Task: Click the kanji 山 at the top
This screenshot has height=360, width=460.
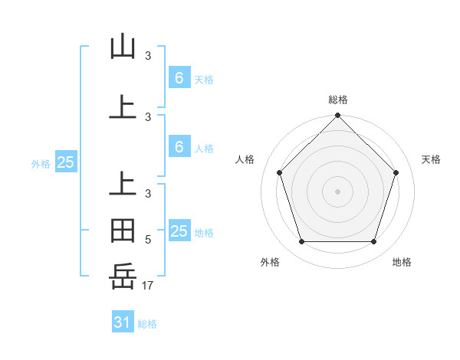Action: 123,47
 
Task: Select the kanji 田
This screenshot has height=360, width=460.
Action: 123,230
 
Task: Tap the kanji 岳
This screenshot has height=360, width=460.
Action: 123,275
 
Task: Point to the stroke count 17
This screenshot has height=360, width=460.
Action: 149,286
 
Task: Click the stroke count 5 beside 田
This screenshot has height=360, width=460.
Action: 148,240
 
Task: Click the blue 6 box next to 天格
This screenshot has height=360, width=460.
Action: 179,78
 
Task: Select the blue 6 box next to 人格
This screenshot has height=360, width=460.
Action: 179,147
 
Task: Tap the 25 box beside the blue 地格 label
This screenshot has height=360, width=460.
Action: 179,231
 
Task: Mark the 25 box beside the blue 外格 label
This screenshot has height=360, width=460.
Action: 66,162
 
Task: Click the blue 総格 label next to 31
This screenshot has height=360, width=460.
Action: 147,324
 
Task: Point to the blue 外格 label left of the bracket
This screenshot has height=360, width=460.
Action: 41,163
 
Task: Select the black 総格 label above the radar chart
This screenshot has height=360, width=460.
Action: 337,100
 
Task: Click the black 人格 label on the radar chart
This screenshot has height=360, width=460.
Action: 245,159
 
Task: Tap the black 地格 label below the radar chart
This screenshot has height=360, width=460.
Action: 402,262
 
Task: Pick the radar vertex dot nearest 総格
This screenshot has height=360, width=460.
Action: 337,116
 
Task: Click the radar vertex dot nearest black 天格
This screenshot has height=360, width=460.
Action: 396,172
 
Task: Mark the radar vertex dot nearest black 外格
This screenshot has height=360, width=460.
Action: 301,242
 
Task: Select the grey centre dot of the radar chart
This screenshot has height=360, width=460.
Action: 337,191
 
